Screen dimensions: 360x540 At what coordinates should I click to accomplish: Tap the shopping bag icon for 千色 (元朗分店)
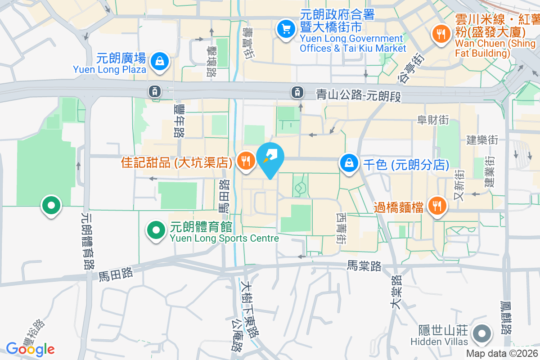click(349, 163)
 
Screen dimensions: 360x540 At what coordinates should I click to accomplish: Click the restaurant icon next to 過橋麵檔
click(436, 206)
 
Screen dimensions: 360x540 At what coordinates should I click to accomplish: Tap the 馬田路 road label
click(115, 273)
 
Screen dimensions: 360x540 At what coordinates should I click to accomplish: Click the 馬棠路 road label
click(364, 266)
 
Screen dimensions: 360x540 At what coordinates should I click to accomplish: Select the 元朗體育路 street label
click(86, 241)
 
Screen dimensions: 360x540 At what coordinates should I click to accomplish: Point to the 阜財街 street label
click(433, 120)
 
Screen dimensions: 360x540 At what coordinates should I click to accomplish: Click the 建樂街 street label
click(482, 139)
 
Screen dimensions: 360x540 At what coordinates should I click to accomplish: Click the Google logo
click(30, 349)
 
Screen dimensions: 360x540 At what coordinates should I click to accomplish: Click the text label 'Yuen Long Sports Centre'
click(225, 238)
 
